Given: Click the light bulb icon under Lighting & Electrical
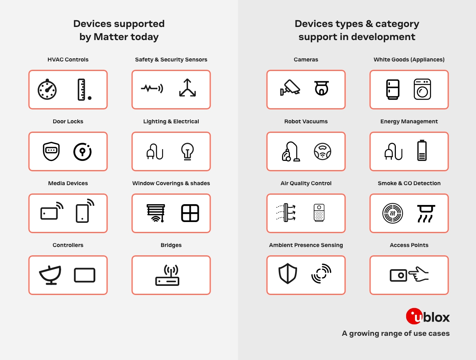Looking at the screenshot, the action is click(187, 151).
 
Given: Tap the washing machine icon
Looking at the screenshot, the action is click(422, 89).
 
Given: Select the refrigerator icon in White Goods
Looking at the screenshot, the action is click(393, 89).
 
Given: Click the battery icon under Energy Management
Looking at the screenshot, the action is click(422, 150).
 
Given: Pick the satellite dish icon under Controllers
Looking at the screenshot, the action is click(50, 275).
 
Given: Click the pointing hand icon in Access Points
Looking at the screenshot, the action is click(418, 274).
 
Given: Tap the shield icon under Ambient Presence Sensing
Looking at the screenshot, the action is click(288, 273).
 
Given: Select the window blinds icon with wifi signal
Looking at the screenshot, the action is click(156, 213).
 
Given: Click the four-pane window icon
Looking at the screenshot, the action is click(190, 213).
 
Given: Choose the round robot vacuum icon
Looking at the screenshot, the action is click(322, 151).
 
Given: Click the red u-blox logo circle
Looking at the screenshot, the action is click(414, 316).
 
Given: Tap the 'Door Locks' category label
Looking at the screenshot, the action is click(68, 121).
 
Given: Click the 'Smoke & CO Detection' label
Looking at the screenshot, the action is click(409, 183).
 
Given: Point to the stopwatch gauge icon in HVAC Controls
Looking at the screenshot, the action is click(47, 89).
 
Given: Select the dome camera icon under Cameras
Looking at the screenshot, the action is click(321, 88).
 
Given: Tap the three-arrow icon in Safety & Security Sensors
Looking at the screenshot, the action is click(187, 88).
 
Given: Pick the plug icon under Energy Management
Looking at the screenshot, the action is click(393, 151).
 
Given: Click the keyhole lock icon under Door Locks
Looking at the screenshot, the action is click(83, 152).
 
